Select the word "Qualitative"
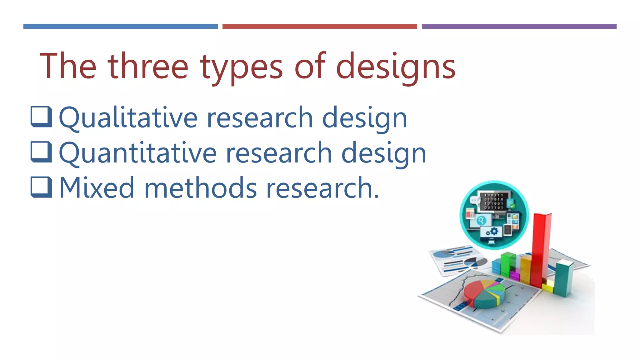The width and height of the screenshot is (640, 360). (128, 118)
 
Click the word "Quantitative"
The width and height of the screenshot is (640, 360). (137, 153)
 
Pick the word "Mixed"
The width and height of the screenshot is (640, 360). (97, 188)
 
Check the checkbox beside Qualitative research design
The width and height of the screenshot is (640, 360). (41, 117)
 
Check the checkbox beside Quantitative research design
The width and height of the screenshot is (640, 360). (41, 152)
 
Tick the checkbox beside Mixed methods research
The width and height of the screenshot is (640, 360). (41, 187)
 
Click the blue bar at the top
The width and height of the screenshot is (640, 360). (120, 27)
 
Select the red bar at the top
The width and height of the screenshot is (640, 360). (319, 27)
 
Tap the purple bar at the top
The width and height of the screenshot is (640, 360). (519, 27)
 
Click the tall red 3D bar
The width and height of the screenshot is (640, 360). (541, 250)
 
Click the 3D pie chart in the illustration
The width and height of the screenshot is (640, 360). (483, 294)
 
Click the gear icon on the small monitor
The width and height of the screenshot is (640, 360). (494, 232)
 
